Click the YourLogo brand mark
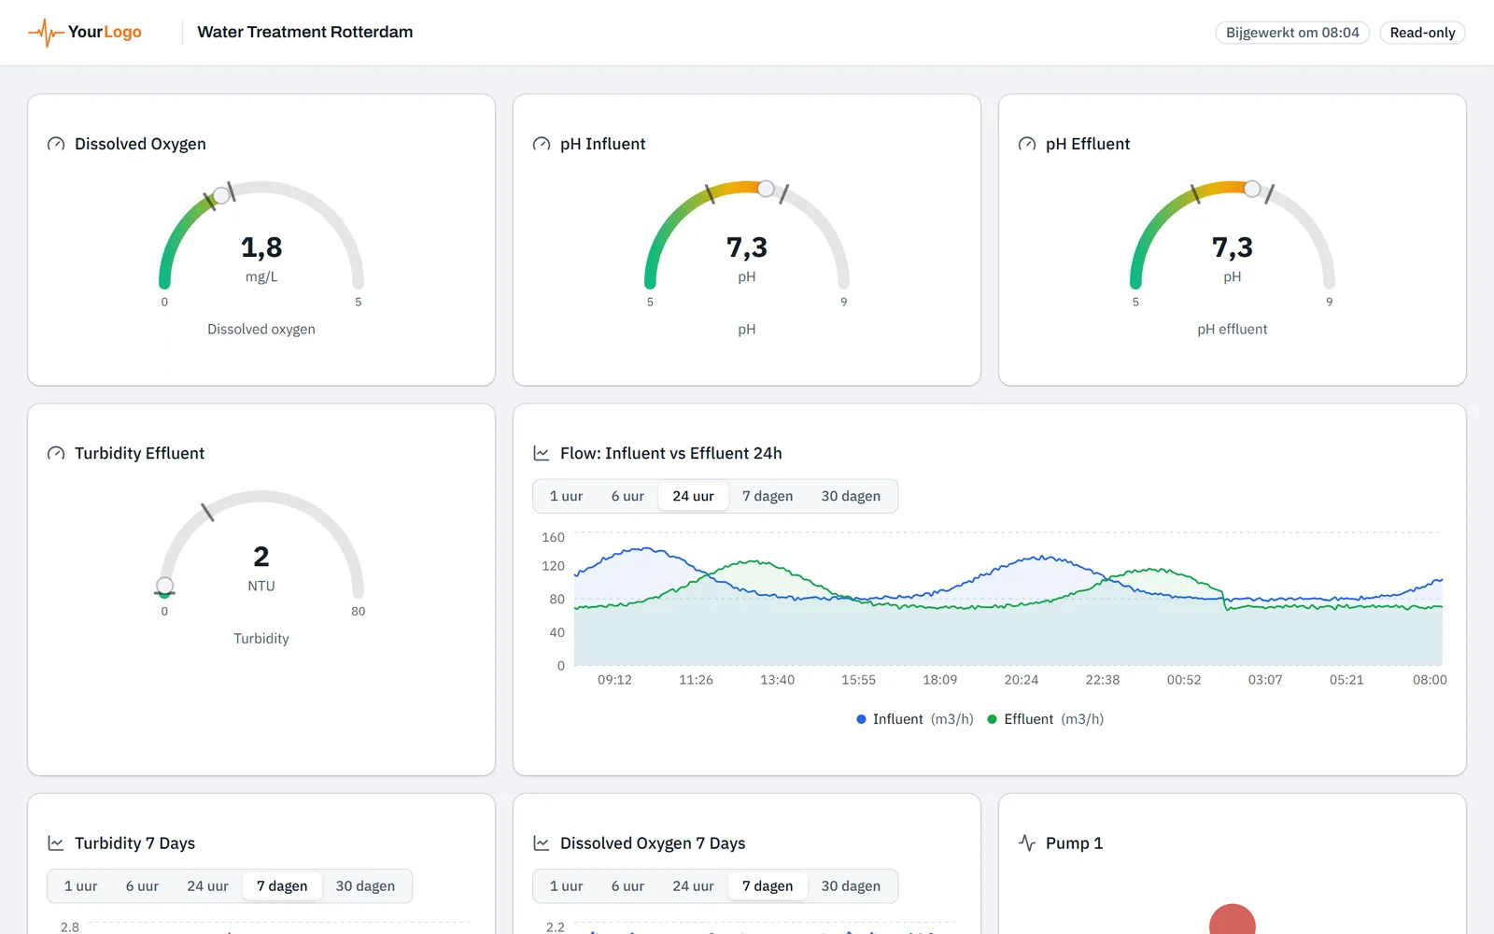[85, 32]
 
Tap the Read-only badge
[1422, 33]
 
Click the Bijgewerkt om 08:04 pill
[1292, 33]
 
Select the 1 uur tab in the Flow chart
[566, 496]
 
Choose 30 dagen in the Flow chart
[851, 496]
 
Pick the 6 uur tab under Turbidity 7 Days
[142, 886]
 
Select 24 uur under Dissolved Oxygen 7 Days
[693, 886]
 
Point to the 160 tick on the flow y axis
[553, 537]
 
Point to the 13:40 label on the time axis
[777, 680]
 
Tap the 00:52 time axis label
[1184, 680]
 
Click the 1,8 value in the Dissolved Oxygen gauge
[261, 248]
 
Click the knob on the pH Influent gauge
[766, 189]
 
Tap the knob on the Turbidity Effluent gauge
[164, 586]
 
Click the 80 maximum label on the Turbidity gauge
[359, 611]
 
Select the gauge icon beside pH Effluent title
[1027, 144]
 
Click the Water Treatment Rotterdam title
[304, 32]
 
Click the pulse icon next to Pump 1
[1027, 843]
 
